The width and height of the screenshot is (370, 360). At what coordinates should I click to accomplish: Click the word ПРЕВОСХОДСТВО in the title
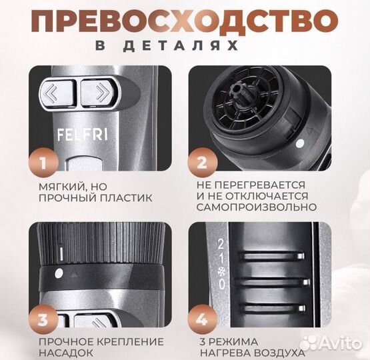(185, 21)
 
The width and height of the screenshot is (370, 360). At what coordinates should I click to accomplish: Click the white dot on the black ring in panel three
(59, 273)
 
